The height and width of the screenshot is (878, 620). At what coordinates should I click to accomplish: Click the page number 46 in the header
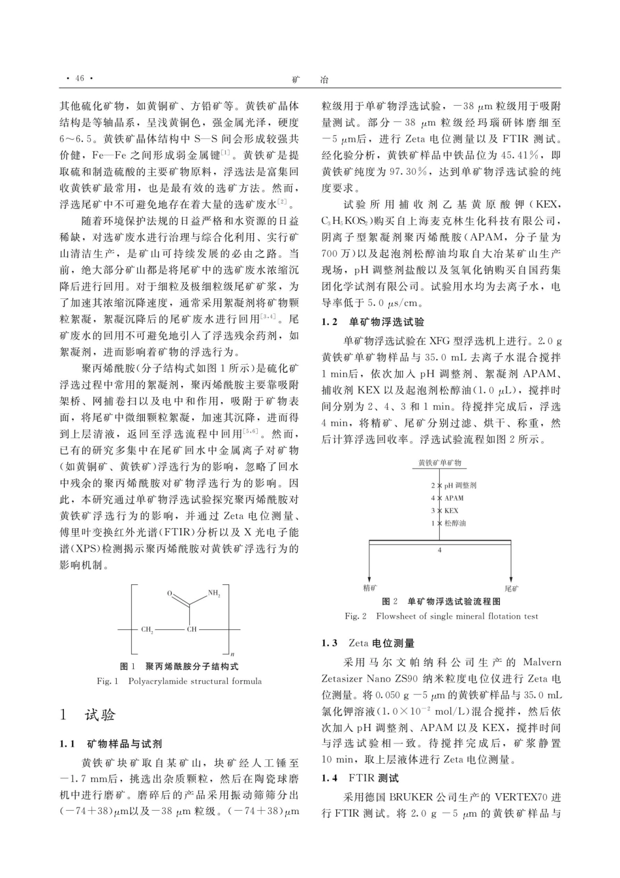(80, 79)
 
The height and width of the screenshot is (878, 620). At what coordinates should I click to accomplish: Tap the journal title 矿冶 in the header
(310, 79)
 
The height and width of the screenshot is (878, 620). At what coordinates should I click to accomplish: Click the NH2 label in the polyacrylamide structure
(214, 593)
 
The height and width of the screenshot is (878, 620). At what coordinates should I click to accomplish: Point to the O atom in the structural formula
(169, 593)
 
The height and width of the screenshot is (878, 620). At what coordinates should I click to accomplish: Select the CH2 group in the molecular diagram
(147, 629)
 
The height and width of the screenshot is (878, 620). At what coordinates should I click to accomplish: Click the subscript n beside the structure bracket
(233, 653)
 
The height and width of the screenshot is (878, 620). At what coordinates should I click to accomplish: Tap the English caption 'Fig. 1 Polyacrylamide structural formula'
(179, 681)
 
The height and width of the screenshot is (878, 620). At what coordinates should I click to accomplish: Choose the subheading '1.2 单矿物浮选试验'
(373, 322)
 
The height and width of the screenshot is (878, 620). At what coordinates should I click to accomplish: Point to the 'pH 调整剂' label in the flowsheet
(460, 485)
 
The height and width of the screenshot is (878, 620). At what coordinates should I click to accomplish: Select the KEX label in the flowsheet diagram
(451, 510)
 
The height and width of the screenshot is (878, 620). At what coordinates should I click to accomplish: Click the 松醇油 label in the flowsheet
(455, 522)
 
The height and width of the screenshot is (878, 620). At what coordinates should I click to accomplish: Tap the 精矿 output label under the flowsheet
(369, 588)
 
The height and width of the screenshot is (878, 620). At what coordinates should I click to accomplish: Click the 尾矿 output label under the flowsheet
(512, 588)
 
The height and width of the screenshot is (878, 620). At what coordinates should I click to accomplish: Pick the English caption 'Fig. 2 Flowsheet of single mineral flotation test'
(441, 616)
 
